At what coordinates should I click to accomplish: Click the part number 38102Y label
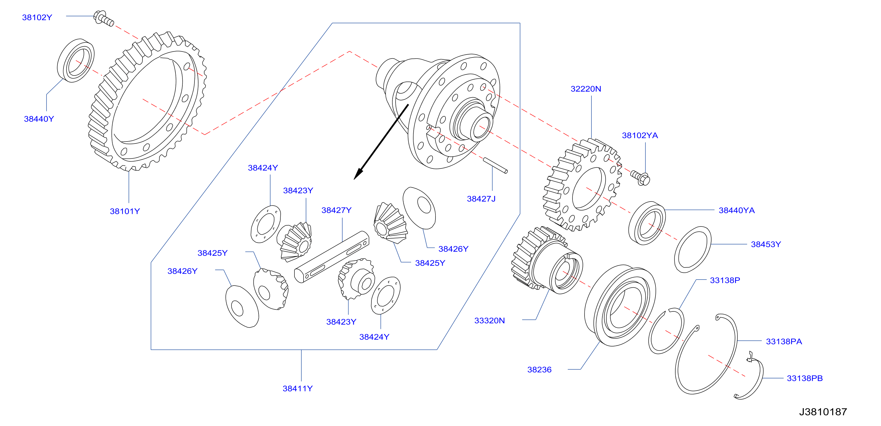point(37,18)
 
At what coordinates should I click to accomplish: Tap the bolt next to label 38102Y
point(104,18)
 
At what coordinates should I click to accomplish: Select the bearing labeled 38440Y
point(76,61)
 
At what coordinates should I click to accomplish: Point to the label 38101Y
point(125,211)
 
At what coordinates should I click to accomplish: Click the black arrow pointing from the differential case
point(381,142)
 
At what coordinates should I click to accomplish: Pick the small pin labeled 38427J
point(495,165)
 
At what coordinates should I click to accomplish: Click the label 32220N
point(586,89)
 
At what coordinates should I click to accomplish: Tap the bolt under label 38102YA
point(640,178)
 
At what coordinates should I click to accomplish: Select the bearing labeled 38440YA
point(647,223)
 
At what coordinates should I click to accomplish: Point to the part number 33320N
point(489,321)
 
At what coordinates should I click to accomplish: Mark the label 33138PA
point(784,342)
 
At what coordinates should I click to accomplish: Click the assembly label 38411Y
point(298,389)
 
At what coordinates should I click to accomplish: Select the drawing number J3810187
point(823,412)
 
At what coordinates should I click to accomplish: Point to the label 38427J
point(481,199)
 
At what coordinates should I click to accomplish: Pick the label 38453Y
point(766,245)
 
